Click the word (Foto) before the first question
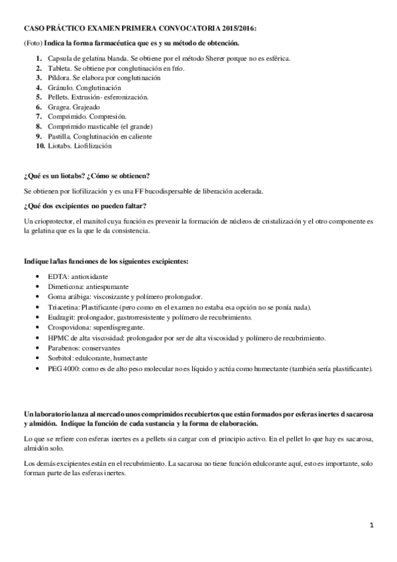coord(32,43)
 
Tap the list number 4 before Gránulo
coord(40,87)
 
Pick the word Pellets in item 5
coord(58,97)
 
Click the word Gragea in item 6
coord(59,107)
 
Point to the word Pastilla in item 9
coord(60,136)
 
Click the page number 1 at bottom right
coord(372,526)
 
